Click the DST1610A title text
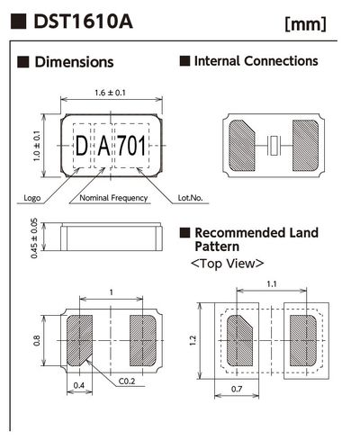(x=81, y=21)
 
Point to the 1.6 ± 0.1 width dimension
(x=109, y=93)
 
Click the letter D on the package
(x=81, y=145)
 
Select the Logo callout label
(x=29, y=197)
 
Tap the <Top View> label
(x=227, y=264)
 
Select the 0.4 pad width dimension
(x=78, y=386)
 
